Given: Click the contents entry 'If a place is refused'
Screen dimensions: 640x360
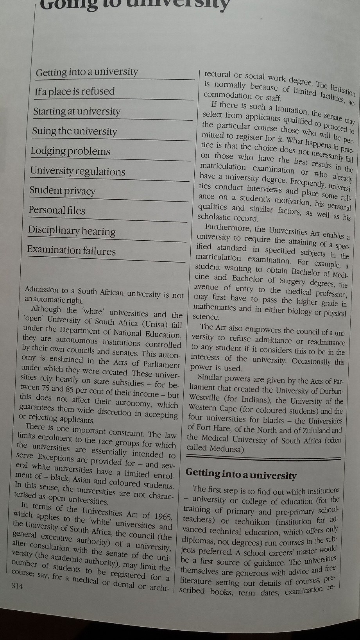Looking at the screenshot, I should [x=75, y=91].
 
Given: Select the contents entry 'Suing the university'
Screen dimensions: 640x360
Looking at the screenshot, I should [x=75, y=131].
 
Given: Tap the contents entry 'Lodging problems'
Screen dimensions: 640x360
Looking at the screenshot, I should [x=70, y=151].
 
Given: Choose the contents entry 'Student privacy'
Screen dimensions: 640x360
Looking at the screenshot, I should [x=63, y=191].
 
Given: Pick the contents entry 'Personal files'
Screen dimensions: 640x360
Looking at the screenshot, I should [x=57, y=210].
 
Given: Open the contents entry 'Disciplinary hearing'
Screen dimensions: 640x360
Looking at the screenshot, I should [x=72, y=231].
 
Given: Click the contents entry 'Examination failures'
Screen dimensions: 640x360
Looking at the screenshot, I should [x=71, y=250].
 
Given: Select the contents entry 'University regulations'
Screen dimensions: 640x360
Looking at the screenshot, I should [x=78, y=171].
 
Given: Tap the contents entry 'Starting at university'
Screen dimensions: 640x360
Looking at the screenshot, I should [x=77, y=111].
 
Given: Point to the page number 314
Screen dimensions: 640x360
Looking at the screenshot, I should [x=17, y=585].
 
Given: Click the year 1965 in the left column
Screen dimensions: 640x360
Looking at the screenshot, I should [x=163, y=517].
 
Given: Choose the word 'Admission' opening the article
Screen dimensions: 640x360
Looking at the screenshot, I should [x=41, y=290].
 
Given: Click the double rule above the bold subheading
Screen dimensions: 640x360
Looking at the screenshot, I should [x=263, y=458].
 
